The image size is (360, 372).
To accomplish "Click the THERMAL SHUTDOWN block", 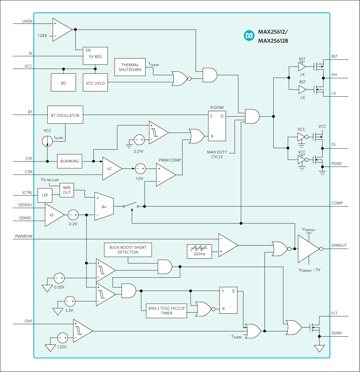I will click(x=130, y=67).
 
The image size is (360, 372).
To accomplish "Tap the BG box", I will click(x=63, y=83).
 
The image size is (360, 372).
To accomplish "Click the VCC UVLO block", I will click(x=95, y=83).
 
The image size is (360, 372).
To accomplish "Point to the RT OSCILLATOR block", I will click(x=65, y=115).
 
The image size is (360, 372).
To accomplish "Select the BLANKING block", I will click(x=70, y=161).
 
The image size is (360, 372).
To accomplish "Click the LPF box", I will click(x=45, y=195).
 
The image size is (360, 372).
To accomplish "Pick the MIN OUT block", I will click(x=67, y=190).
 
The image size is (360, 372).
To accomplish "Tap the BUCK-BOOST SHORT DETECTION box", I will click(x=128, y=250).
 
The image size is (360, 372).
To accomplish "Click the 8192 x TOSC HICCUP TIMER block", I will click(x=166, y=311).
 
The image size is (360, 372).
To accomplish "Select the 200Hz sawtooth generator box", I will click(x=199, y=251).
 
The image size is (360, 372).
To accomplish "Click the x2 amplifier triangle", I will click(x=111, y=169).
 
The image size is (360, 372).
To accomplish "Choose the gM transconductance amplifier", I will click(x=104, y=207).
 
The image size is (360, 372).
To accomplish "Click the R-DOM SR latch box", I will click(x=217, y=126).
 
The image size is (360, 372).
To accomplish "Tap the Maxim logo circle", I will click(x=249, y=36).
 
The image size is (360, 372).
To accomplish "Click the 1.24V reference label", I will click(x=42, y=36).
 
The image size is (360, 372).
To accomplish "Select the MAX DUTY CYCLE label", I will click(x=217, y=154).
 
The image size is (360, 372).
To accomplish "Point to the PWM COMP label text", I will click(x=170, y=160).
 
